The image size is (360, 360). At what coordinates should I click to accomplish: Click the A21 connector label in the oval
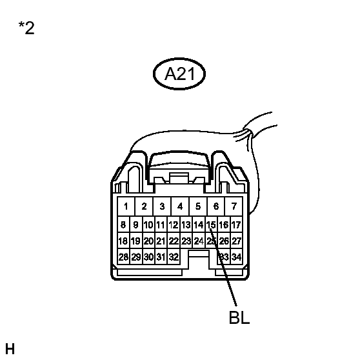click(x=179, y=74)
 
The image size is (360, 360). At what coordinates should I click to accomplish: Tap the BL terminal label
click(x=239, y=317)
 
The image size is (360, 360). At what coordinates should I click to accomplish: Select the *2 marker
click(x=26, y=28)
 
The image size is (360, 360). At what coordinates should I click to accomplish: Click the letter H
click(x=10, y=349)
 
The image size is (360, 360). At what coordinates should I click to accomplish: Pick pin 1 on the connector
click(x=126, y=206)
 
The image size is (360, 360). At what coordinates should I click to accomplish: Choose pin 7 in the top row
click(x=234, y=206)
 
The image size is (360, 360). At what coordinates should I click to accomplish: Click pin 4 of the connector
click(x=180, y=206)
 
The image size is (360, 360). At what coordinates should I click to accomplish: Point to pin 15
click(x=211, y=225)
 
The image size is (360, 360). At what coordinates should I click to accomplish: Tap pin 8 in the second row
click(x=123, y=225)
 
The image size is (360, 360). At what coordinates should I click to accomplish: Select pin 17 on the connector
click(x=236, y=225)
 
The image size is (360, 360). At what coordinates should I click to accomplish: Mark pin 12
click(x=174, y=225)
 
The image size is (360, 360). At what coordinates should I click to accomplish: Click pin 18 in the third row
click(x=123, y=241)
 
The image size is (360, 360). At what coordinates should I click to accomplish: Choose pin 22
click(x=174, y=241)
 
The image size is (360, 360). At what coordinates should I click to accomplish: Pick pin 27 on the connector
click(x=236, y=241)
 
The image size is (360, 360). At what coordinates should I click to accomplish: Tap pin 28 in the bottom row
click(x=123, y=257)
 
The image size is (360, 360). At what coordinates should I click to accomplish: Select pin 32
click(x=174, y=257)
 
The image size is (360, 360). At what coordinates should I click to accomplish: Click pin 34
click(x=236, y=257)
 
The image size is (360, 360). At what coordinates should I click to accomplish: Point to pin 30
click(x=148, y=257)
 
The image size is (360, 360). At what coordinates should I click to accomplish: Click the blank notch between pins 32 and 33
click(x=199, y=259)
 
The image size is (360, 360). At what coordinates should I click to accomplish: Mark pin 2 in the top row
click(x=144, y=206)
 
